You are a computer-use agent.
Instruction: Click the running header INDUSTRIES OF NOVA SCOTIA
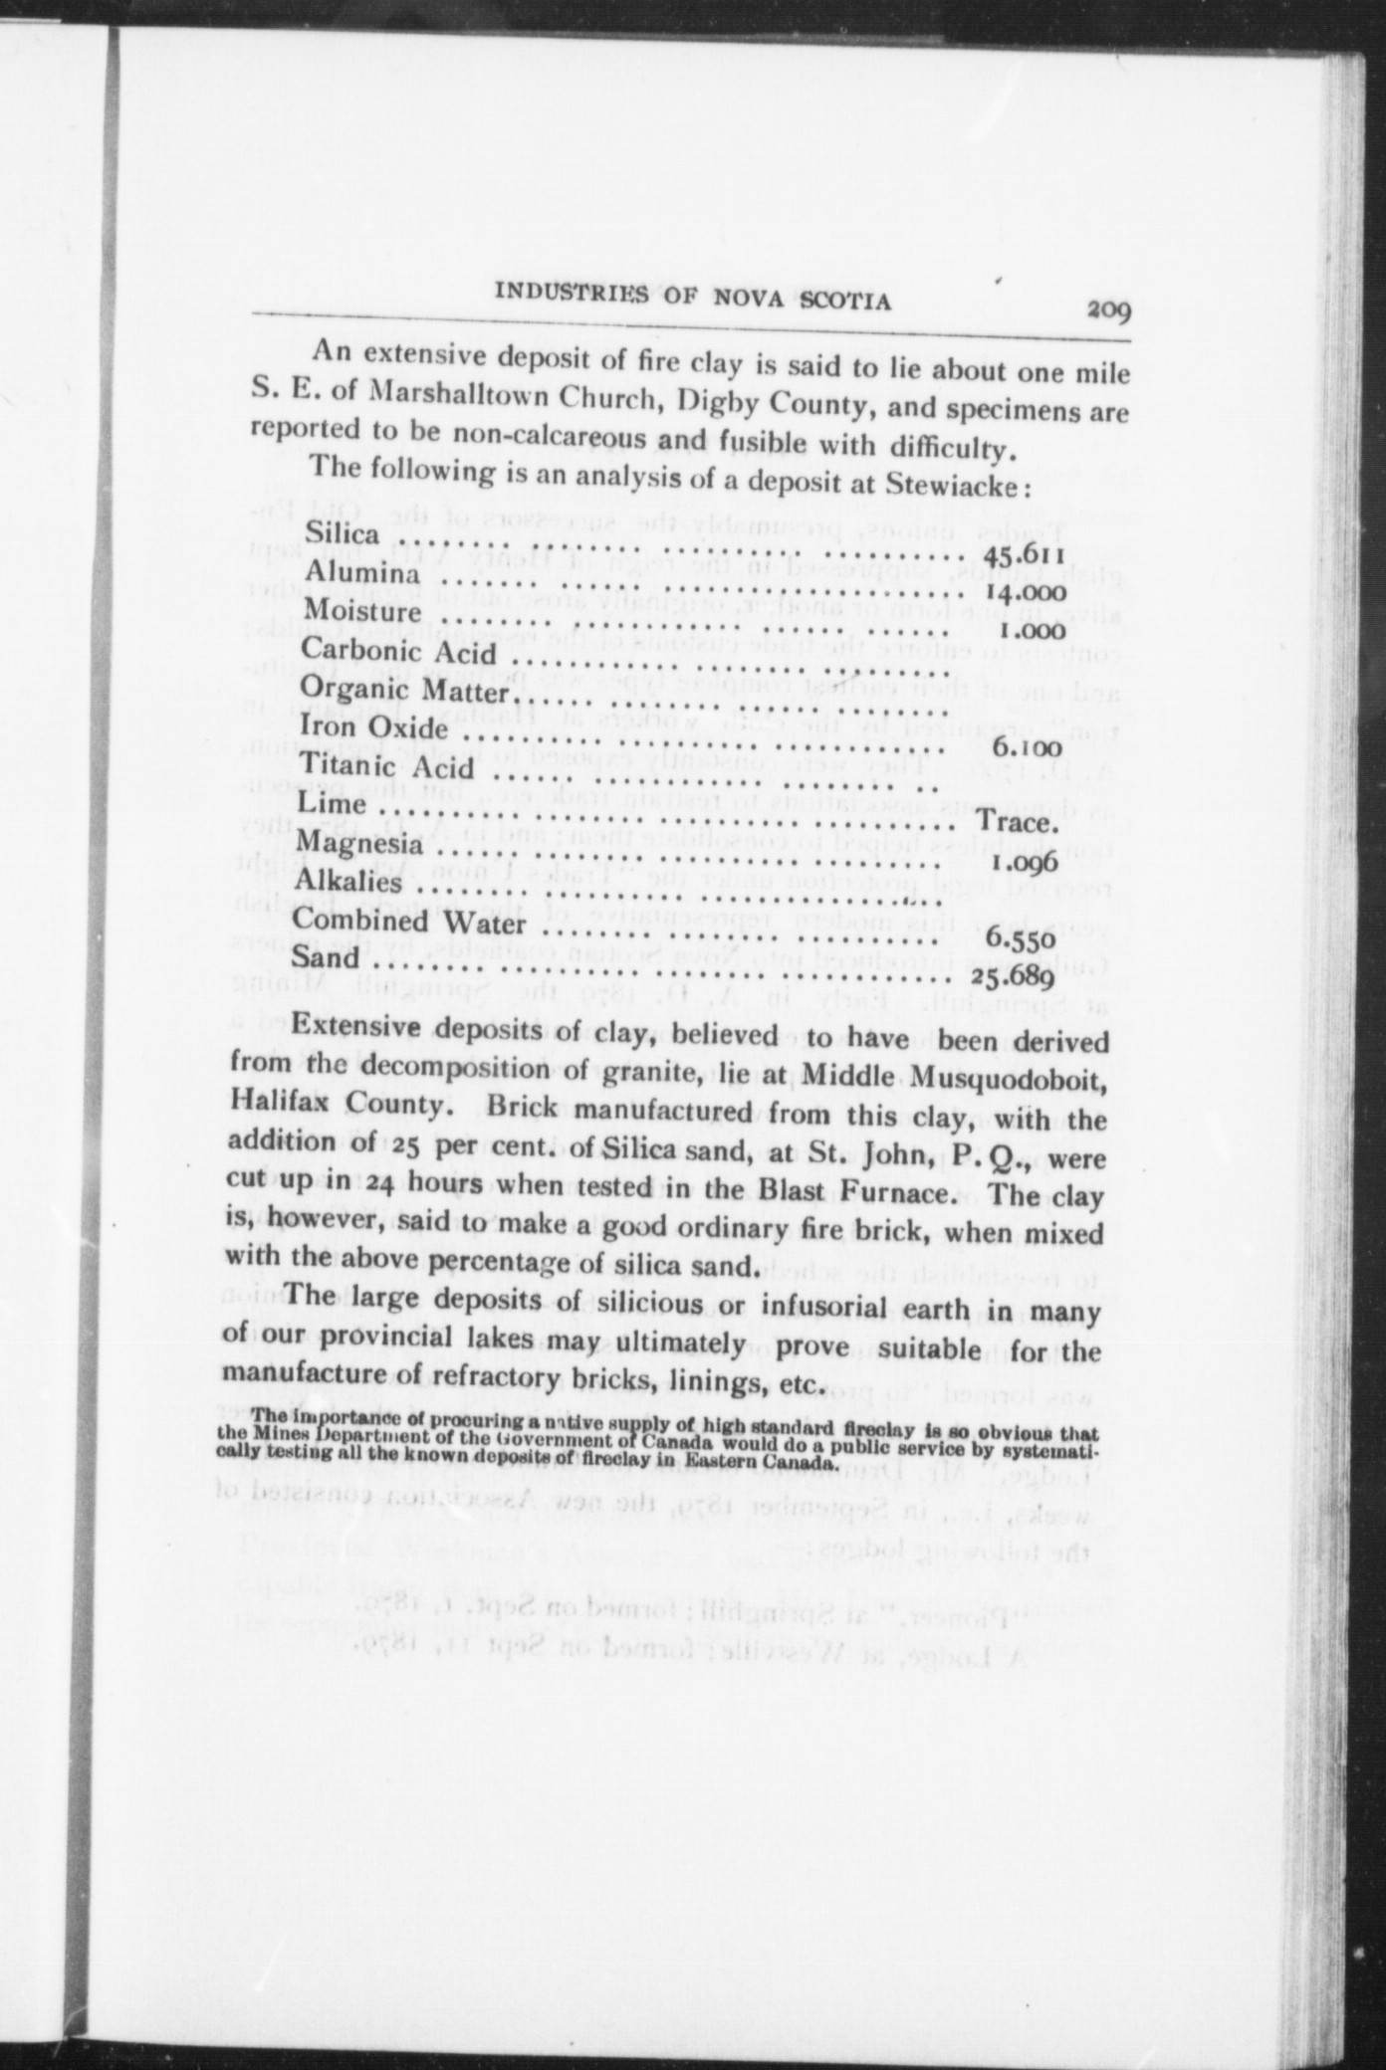692,298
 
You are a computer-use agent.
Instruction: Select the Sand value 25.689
1013,976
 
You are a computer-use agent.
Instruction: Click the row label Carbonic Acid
398,651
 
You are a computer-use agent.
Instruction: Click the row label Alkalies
347,882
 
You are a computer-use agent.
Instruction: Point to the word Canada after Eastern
794,1464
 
